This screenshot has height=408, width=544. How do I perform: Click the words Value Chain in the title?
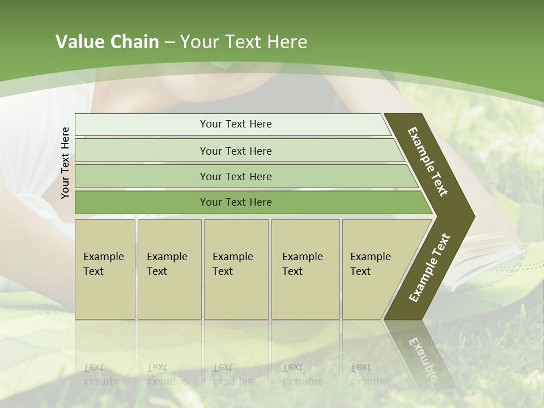coord(107,42)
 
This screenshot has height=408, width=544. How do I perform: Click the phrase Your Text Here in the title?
coord(244,42)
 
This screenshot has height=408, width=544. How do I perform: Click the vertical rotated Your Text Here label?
coord(65,163)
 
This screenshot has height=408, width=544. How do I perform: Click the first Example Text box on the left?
coord(105,269)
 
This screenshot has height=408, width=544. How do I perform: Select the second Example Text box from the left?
coord(169,269)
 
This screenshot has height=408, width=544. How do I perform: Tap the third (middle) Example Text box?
coord(235,269)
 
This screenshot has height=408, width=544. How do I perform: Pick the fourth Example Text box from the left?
coord(305,269)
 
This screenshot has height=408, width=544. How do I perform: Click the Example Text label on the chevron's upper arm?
coord(428,161)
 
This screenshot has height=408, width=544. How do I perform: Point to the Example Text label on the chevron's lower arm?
coord(430,268)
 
